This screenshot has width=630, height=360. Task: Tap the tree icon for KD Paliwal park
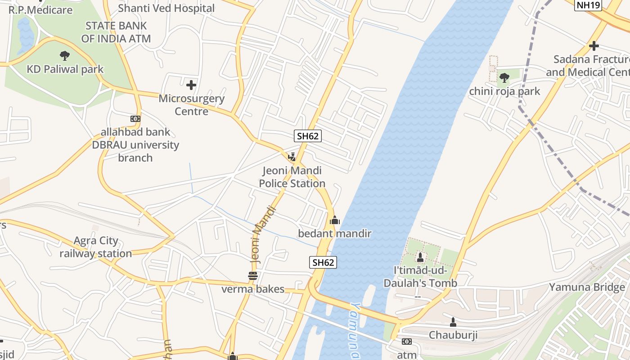[65, 56]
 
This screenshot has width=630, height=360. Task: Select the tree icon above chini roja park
[504, 78]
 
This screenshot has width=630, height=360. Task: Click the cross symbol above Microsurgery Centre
[191, 84]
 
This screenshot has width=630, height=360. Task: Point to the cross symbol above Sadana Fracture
[594, 46]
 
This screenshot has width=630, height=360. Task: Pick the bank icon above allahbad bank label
[135, 119]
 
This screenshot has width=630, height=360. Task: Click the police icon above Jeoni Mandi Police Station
[292, 157]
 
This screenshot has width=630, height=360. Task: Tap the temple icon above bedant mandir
[334, 220]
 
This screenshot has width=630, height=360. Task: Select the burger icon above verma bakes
[253, 276]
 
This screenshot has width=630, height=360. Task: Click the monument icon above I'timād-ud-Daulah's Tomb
[420, 257]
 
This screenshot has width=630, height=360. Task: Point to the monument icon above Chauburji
[453, 322]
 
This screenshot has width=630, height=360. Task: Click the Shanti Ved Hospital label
[166, 8]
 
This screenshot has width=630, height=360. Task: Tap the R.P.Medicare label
[40, 10]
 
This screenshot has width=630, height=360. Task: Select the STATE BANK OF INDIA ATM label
[116, 32]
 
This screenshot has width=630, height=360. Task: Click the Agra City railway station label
[96, 247]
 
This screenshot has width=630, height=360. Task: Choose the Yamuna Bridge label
[587, 287]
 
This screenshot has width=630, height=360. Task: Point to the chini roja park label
[504, 91]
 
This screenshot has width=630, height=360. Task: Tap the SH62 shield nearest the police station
[308, 136]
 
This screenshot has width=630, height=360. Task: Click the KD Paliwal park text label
[65, 69]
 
